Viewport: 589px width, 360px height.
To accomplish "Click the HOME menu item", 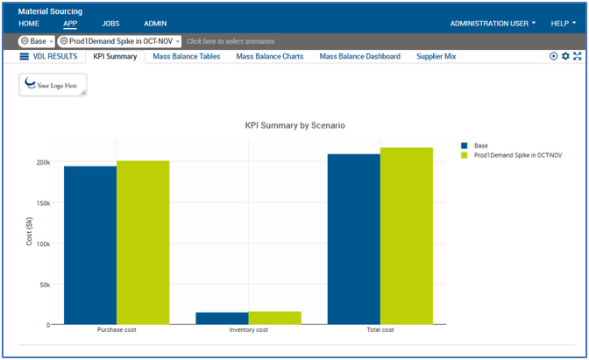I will (x=29, y=24).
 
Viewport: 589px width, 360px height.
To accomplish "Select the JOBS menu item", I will (x=110, y=24).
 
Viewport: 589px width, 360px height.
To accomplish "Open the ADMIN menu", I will (x=155, y=24).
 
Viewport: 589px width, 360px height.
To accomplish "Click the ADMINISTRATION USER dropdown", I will (x=493, y=24).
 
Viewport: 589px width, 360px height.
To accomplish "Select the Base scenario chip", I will (x=36, y=41).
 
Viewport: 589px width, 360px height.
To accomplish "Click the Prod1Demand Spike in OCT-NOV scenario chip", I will (x=118, y=41).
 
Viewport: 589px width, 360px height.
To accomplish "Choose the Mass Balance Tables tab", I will (x=186, y=56).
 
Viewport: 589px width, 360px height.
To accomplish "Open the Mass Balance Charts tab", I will (x=269, y=56).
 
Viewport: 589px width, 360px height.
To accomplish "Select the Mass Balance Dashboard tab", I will (x=359, y=56).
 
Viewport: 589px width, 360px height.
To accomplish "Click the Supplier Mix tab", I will (x=435, y=56).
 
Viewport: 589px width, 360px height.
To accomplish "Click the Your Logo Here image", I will (x=53, y=85).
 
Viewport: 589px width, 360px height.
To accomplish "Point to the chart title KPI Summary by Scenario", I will (x=294, y=126).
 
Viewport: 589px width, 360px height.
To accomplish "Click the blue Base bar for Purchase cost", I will (x=89, y=245).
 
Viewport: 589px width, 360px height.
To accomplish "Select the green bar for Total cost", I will (x=407, y=236).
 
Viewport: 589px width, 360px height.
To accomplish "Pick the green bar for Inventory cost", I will (x=274, y=318).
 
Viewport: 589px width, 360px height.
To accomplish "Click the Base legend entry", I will (x=479, y=145).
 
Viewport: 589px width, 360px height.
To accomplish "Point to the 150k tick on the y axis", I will (x=42, y=203).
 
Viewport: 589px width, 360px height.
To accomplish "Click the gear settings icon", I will (x=565, y=56).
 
